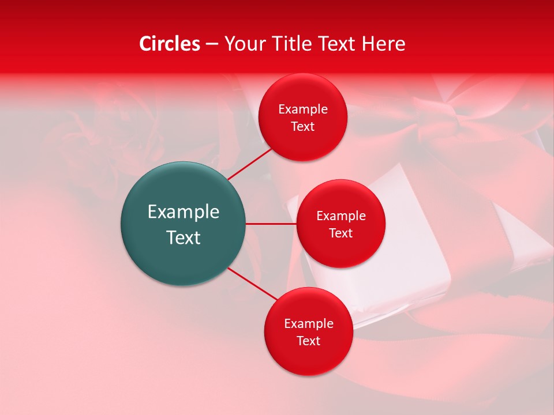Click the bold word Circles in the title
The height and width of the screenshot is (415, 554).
pos(170,44)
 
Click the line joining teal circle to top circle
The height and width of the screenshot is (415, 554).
pos(250,164)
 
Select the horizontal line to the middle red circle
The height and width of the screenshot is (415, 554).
pos(271,224)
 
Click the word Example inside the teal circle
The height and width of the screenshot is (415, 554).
pos(184,212)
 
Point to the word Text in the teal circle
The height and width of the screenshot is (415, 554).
pos(184,237)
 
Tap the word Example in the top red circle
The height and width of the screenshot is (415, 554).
pos(303,109)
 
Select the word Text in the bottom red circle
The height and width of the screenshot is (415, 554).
pos(308,341)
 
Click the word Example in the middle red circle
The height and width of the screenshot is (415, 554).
pos(340,216)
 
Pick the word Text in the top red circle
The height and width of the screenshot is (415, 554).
pos(303,126)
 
